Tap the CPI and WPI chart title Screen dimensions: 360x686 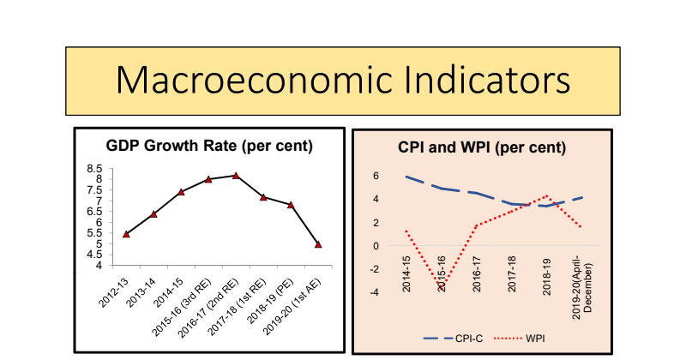482,147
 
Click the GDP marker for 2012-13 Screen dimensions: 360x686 126,234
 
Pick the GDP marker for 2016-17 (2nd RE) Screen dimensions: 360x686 236,175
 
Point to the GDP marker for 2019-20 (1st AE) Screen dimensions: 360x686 318,244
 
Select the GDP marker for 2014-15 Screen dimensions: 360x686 181,192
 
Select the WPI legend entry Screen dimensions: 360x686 533,338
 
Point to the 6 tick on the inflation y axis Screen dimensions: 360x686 376,177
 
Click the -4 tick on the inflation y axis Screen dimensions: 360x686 374,292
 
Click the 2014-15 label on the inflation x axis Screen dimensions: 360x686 406,273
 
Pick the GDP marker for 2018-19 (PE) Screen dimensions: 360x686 291,205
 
